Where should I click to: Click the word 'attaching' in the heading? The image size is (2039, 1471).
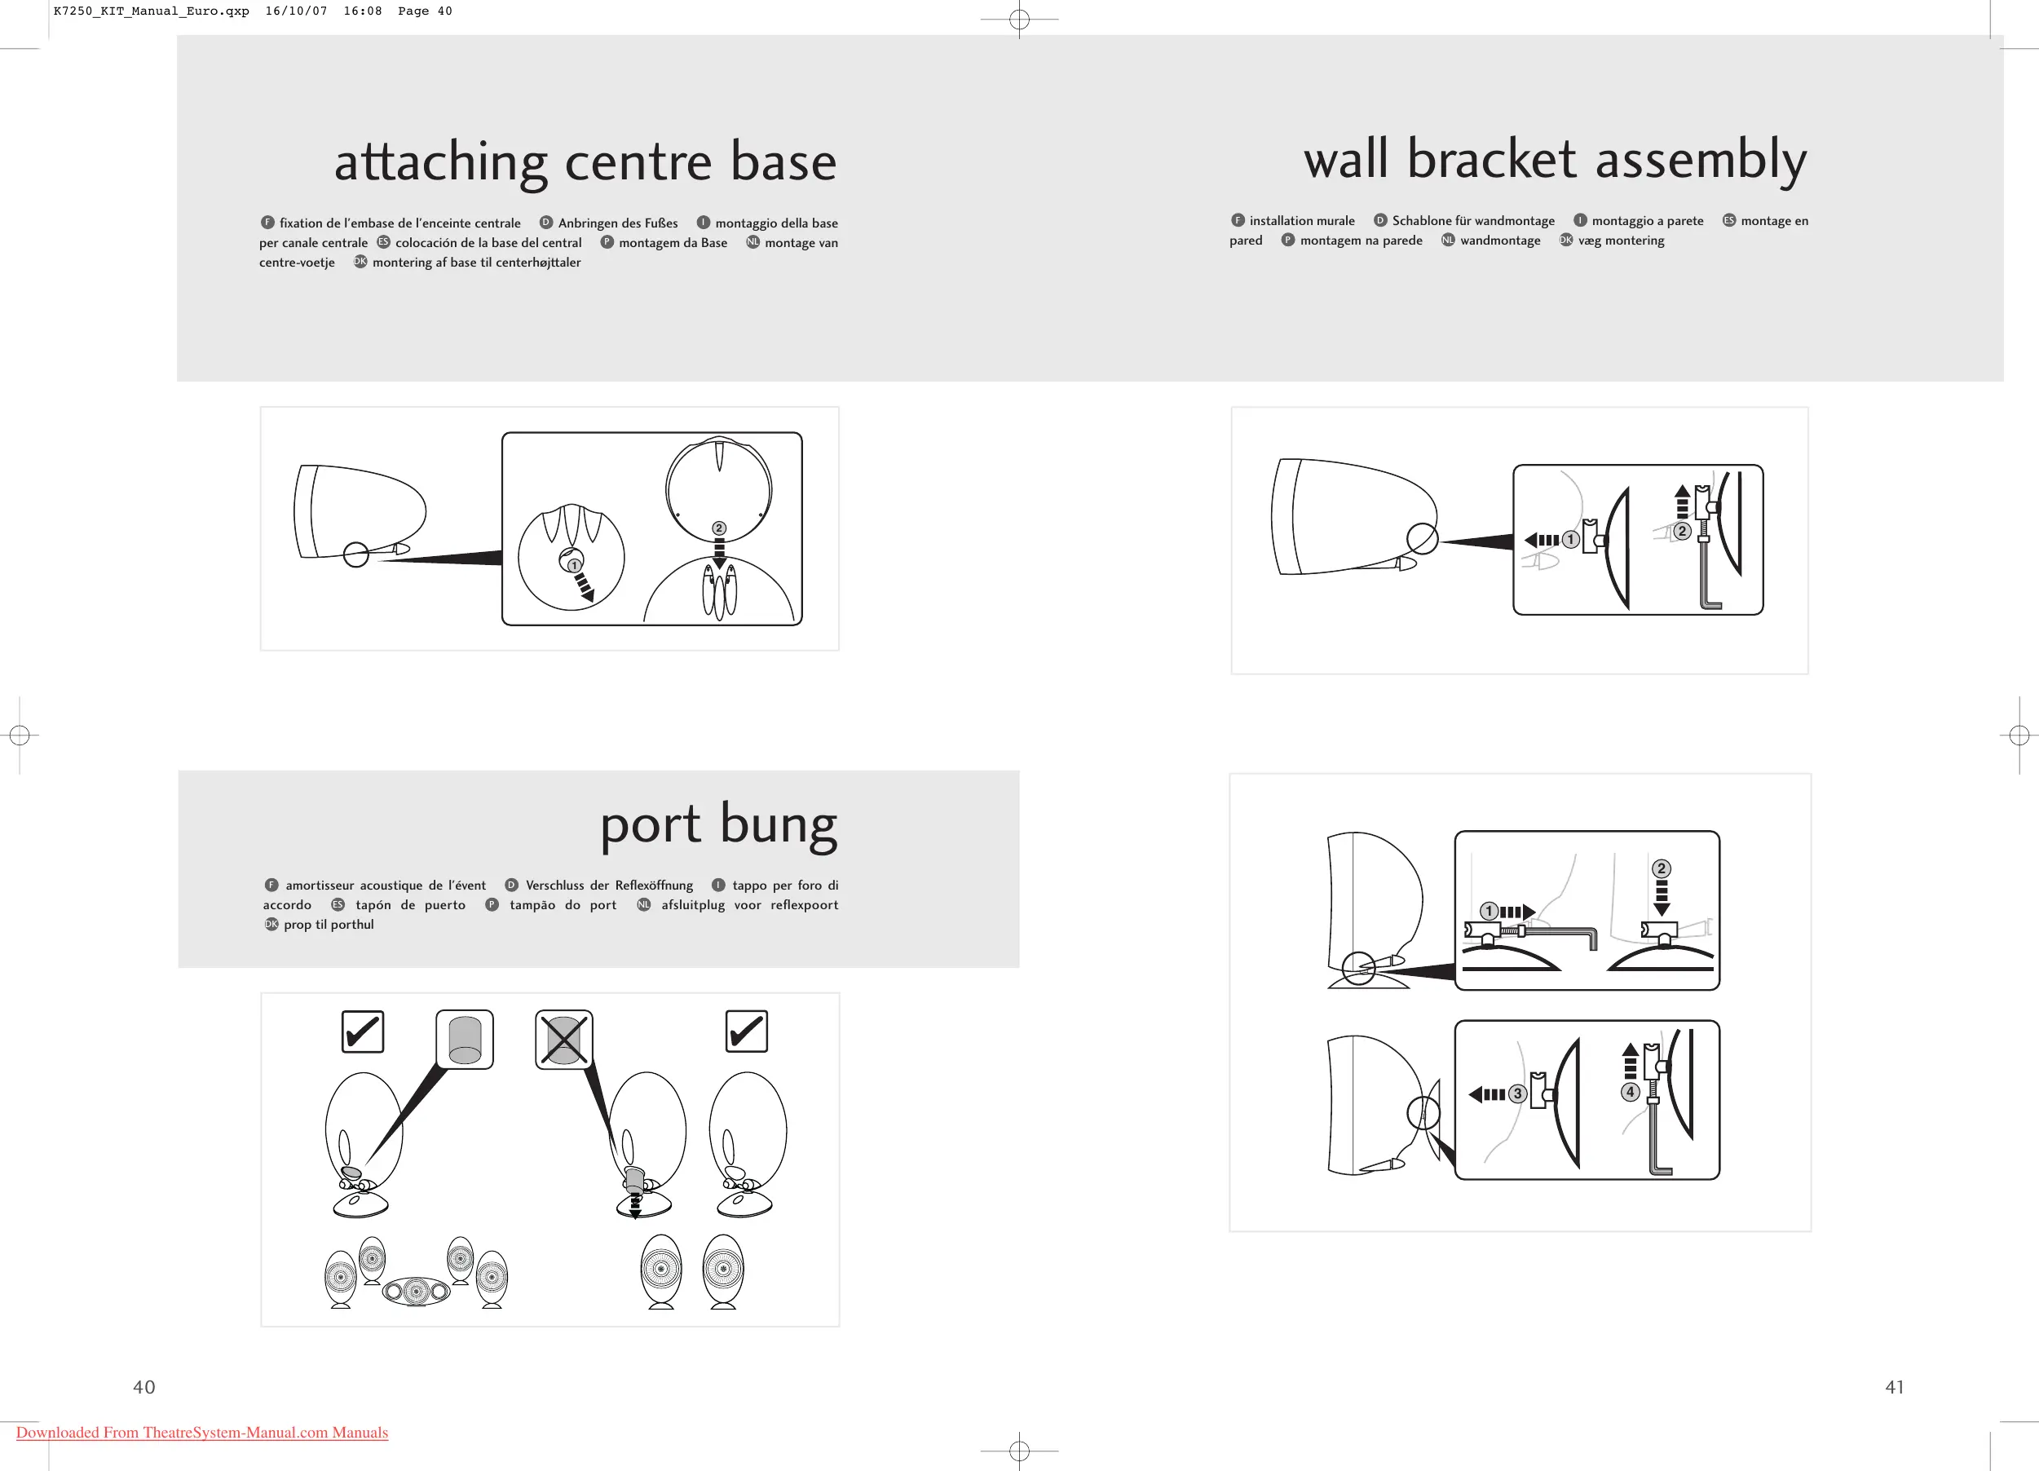pyautogui.click(x=440, y=164)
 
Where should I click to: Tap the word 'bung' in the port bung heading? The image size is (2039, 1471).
pyautogui.click(x=779, y=825)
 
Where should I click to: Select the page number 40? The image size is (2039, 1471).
pyautogui.click(x=143, y=1387)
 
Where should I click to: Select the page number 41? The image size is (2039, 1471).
pyautogui.click(x=1894, y=1387)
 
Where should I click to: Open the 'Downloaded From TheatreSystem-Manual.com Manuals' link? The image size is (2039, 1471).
pyautogui.click(x=202, y=1433)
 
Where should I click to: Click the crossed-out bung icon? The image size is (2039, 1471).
pyautogui.click(x=563, y=1040)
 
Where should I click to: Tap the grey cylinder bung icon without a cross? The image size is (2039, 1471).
pyautogui.click(x=465, y=1040)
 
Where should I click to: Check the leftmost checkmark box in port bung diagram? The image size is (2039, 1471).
pyautogui.click(x=364, y=1031)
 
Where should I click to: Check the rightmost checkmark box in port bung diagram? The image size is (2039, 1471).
pyautogui.click(x=746, y=1031)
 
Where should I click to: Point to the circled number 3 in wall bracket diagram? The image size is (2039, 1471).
pyautogui.click(x=1517, y=1094)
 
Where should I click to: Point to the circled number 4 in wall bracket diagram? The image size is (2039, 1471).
pyautogui.click(x=1630, y=1092)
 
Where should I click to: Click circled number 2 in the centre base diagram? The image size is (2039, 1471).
pyautogui.click(x=718, y=528)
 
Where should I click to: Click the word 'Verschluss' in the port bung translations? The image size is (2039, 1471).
pyautogui.click(x=554, y=886)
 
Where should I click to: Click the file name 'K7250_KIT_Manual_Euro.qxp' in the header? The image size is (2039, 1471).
pyautogui.click(x=151, y=11)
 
